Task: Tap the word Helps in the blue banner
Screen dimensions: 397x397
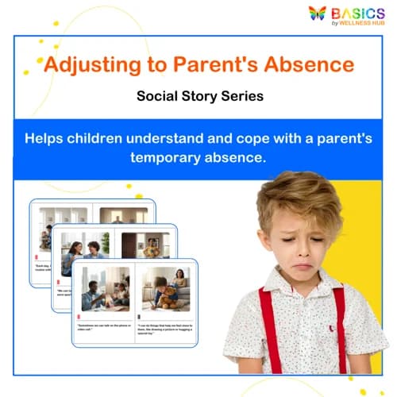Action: pyautogui.click(x=46, y=137)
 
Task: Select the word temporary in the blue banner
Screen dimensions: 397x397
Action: pyautogui.click(x=166, y=157)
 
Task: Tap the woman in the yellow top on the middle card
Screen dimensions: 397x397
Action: pyautogui.click(x=152, y=250)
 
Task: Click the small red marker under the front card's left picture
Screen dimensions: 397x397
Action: pyautogui.click(x=79, y=317)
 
